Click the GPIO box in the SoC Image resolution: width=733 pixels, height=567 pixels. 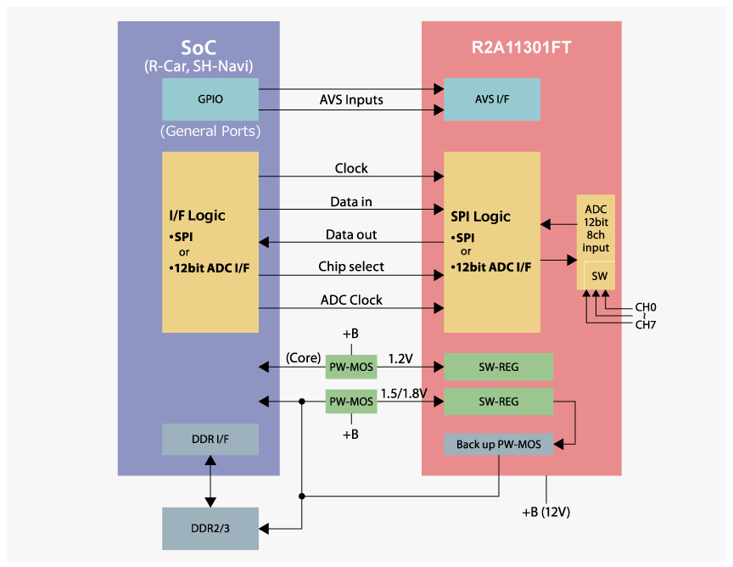click(x=210, y=99)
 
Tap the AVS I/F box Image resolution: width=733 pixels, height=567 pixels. click(x=492, y=99)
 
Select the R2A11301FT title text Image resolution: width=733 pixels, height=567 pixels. click(x=521, y=48)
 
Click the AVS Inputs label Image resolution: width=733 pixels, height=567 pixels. click(x=351, y=99)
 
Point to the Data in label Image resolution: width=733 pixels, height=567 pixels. click(x=351, y=202)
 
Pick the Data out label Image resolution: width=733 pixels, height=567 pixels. click(x=351, y=234)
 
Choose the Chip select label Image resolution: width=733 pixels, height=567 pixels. click(x=351, y=267)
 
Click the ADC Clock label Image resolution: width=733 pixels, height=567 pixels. click(x=351, y=300)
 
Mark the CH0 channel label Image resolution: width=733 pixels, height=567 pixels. click(x=646, y=307)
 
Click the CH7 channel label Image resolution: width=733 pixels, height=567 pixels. click(x=646, y=324)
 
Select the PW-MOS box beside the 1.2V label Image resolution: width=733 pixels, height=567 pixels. click(x=351, y=368)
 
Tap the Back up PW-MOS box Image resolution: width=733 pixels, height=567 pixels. click(x=499, y=444)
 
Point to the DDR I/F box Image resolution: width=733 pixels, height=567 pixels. click(x=210, y=439)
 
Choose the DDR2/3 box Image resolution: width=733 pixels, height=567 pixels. click(x=210, y=529)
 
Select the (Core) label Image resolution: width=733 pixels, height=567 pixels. click(x=303, y=358)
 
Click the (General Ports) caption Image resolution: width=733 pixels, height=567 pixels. click(x=210, y=132)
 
